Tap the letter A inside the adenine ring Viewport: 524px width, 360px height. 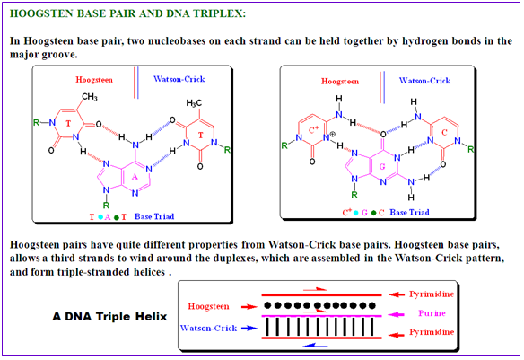point(135,177)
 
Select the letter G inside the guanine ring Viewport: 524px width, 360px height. point(382,166)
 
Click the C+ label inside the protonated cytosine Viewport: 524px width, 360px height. point(313,129)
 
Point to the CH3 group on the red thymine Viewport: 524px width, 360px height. point(90,97)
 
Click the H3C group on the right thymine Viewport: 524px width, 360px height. point(194,103)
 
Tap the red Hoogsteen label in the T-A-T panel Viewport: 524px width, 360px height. point(94,80)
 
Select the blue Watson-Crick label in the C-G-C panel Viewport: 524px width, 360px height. point(424,81)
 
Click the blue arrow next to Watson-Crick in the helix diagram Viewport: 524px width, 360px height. point(249,329)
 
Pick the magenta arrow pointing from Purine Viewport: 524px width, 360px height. point(397,314)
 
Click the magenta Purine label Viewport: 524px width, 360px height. point(432,313)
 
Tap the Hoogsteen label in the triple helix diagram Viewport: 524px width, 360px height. point(208,306)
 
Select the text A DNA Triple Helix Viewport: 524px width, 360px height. point(109,317)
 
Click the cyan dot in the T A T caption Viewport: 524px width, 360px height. point(100,217)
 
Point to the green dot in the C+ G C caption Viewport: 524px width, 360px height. point(373,213)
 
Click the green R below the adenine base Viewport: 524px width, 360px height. point(106,205)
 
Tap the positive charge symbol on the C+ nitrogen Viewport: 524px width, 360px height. point(333,135)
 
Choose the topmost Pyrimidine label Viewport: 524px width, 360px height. point(432,294)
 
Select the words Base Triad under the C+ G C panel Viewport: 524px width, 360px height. point(410,212)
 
